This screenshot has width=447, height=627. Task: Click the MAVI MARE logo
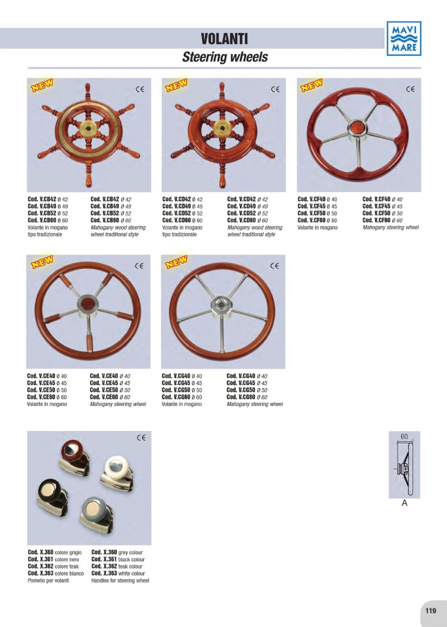pyautogui.click(x=404, y=38)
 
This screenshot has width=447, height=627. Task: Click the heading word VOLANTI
pyautogui.click(x=224, y=39)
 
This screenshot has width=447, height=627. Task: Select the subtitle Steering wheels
pyautogui.click(x=225, y=57)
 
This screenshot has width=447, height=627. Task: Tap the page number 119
pyautogui.click(x=431, y=610)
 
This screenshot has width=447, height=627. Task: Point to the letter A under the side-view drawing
pyautogui.click(x=404, y=503)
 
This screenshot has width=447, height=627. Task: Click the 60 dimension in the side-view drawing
pyautogui.click(x=404, y=437)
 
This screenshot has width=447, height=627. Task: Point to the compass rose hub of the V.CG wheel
pyautogui.click(x=222, y=305)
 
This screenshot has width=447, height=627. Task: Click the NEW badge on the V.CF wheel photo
pyautogui.click(x=312, y=85)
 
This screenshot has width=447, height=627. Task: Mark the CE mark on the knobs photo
pyautogui.click(x=141, y=438)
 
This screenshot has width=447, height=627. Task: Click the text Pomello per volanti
pyautogui.click(x=48, y=580)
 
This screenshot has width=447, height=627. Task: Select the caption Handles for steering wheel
pyautogui.click(x=120, y=580)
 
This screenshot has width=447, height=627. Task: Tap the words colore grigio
pyautogui.click(x=68, y=552)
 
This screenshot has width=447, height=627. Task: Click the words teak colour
pyautogui.click(x=130, y=566)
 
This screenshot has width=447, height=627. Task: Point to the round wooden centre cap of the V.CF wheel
pyautogui.click(x=357, y=127)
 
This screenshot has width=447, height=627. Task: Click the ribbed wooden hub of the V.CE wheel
pyautogui.click(x=87, y=305)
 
